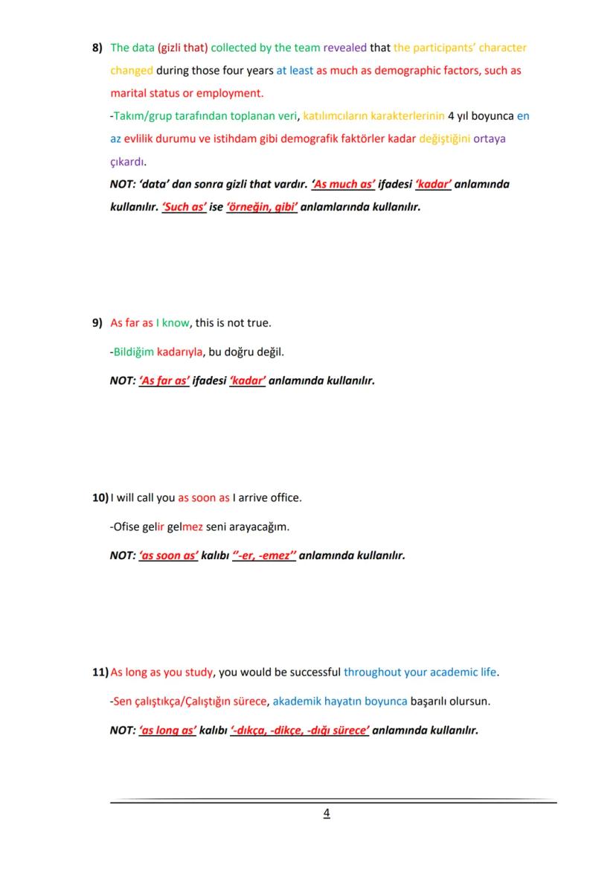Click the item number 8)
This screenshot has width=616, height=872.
point(97,48)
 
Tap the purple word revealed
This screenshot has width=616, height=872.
point(344,48)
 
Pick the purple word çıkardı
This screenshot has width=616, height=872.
point(127,162)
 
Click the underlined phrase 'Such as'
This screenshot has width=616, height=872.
point(184,207)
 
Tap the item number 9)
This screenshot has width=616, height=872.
point(97,323)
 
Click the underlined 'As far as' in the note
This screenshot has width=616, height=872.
point(164,381)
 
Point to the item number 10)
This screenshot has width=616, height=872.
point(100,497)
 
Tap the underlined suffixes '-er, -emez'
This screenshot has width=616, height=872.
point(264,556)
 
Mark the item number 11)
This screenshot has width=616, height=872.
point(100,672)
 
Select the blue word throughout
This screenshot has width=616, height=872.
point(372,672)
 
